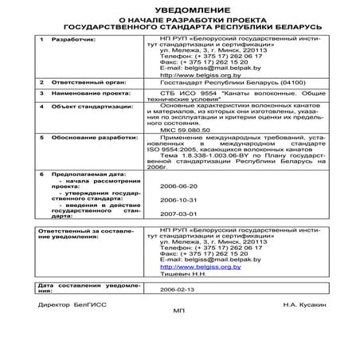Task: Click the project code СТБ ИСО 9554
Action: (x=189, y=92)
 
